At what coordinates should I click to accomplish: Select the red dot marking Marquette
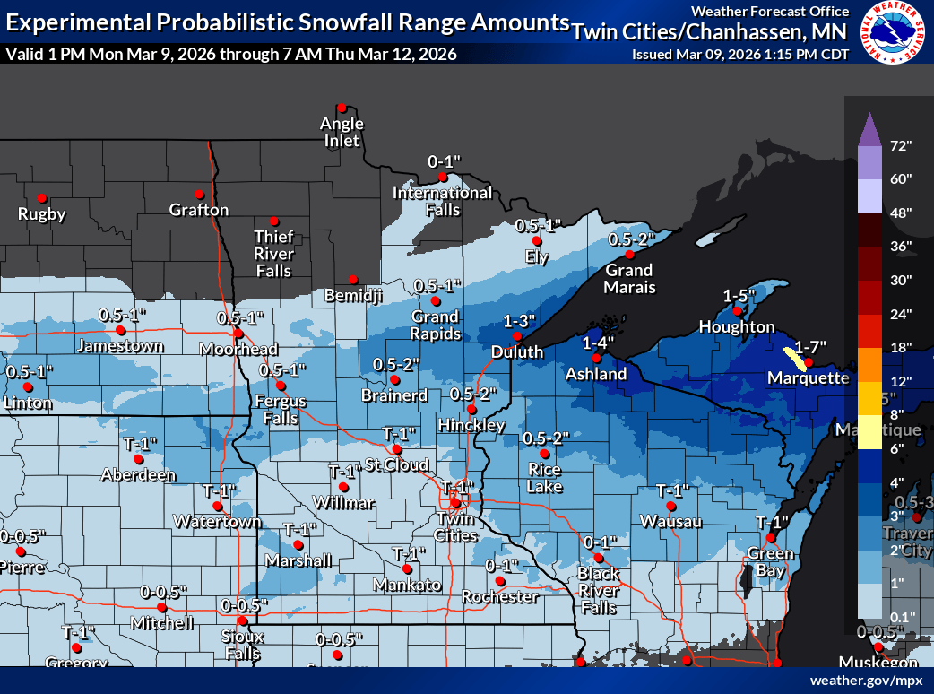pyautogui.click(x=807, y=362)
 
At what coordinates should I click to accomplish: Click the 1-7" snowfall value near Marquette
pyautogui.click(x=810, y=346)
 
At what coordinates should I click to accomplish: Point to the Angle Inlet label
pyautogui.click(x=342, y=132)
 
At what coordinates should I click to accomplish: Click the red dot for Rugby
pyautogui.click(x=41, y=198)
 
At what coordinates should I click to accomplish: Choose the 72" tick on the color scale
pyautogui.click(x=900, y=145)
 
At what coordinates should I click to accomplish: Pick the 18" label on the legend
pyautogui.click(x=900, y=347)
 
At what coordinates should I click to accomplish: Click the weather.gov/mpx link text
pyautogui.click(x=866, y=681)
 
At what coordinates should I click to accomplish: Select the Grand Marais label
pyautogui.click(x=629, y=279)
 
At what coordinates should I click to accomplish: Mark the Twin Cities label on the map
pyautogui.click(x=455, y=527)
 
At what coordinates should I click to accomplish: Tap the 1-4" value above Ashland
pyautogui.click(x=599, y=343)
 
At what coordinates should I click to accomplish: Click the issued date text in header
pyautogui.click(x=740, y=54)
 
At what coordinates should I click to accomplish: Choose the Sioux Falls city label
pyautogui.click(x=242, y=645)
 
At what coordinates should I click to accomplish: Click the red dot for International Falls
pyautogui.click(x=442, y=177)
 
